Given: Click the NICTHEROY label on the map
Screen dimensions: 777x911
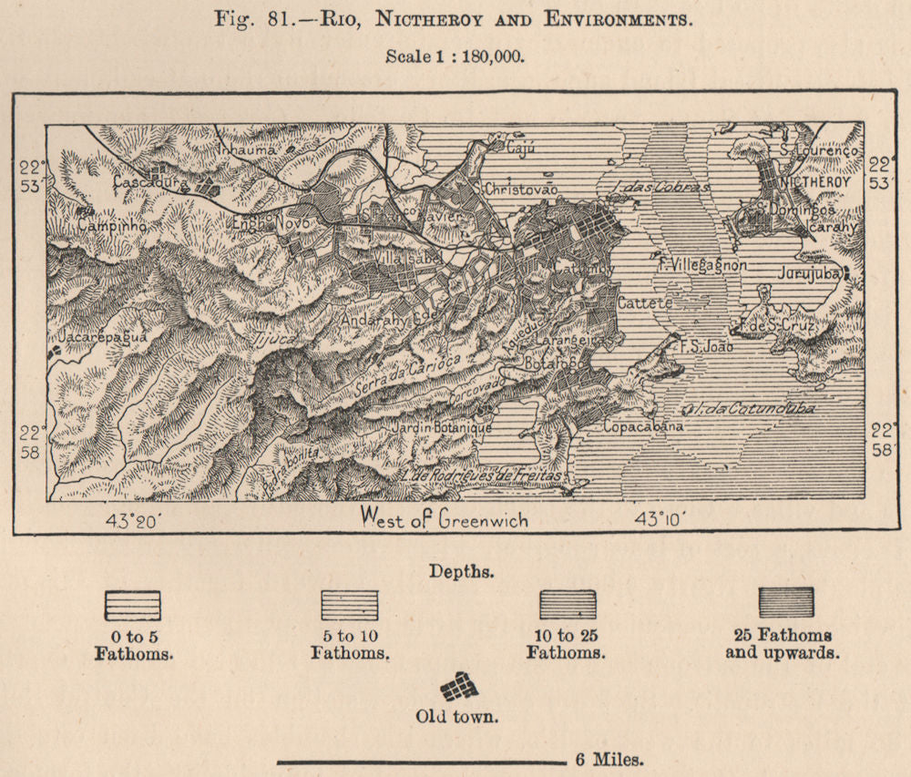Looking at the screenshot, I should click(815, 182).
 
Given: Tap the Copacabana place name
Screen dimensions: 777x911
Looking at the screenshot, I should click(643, 425).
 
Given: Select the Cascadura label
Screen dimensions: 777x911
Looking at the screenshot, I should click(151, 182).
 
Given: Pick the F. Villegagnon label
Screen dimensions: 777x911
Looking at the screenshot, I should click(702, 265).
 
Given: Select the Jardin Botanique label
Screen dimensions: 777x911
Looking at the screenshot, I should click(440, 427).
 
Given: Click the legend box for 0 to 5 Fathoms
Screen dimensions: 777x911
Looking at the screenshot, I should click(133, 606).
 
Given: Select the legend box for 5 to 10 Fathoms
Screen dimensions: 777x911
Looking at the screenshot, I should click(349, 605).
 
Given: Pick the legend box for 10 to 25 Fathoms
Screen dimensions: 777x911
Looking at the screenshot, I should click(568, 604).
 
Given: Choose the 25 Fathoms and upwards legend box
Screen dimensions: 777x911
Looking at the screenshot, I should click(786, 601).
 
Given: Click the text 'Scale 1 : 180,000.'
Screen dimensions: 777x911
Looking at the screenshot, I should click(455, 56).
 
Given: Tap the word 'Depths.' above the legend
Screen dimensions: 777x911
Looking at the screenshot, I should click(462, 572).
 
